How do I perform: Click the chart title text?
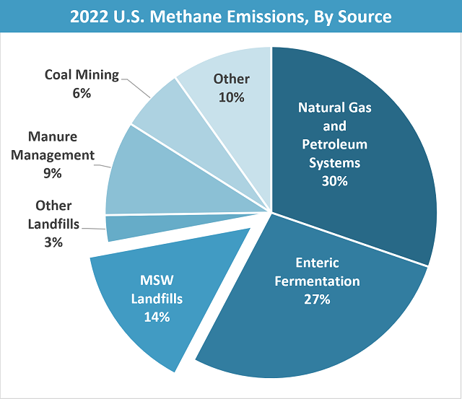(230, 17)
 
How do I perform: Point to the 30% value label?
(334, 181)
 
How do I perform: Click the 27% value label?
(318, 299)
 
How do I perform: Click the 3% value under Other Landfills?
(53, 242)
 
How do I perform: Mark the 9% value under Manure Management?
(53, 173)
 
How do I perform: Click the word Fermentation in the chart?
(318, 281)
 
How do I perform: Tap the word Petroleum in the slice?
(334, 144)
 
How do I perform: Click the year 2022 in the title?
(89, 17)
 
